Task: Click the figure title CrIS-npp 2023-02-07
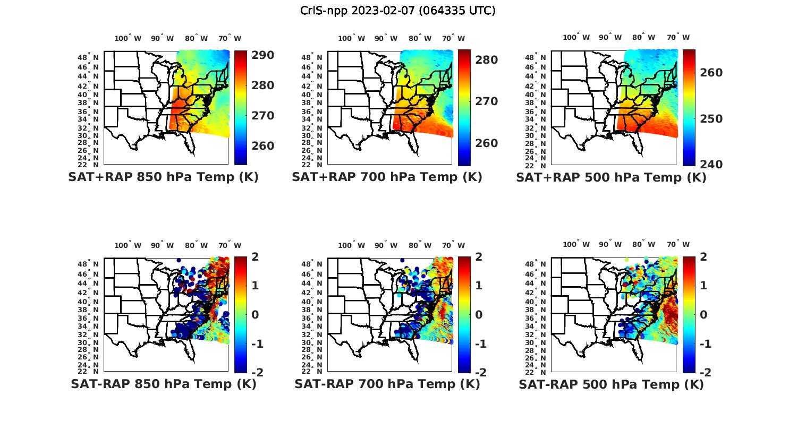click(x=398, y=10)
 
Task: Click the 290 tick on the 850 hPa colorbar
click(x=263, y=55)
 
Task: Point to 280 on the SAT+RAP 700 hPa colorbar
click(x=487, y=60)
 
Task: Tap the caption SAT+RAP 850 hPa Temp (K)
click(x=163, y=177)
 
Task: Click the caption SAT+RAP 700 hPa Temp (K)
click(x=387, y=177)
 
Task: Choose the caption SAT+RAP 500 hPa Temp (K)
click(x=611, y=178)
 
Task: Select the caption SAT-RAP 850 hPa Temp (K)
click(x=163, y=384)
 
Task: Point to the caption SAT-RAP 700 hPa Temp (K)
click(x=387, y=384)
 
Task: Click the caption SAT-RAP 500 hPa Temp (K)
click(x=611, y=384)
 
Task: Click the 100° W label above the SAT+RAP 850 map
click(x=128, y=38)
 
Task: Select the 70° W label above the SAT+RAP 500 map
click(x=678, y=37)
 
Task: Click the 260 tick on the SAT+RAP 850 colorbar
click(x=263, y=146)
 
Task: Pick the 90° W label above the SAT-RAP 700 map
click(x=386, y=245)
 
